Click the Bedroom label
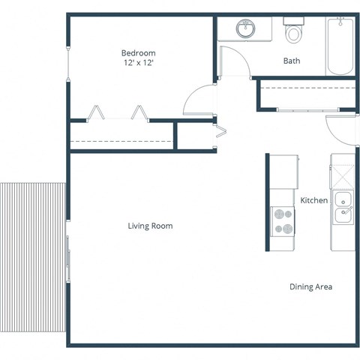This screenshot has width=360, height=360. (x=138, y=53)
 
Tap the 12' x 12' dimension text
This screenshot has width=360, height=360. (x=138, y=64)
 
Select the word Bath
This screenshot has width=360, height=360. (x=292, y=61)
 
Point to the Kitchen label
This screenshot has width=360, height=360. (x=313, y=201)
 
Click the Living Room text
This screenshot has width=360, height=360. (x=150, y=225)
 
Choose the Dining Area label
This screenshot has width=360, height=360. (x=311, y=286)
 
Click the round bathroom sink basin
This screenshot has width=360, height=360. (x=245, y=29)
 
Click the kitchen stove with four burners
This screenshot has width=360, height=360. (x=283, y=221)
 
